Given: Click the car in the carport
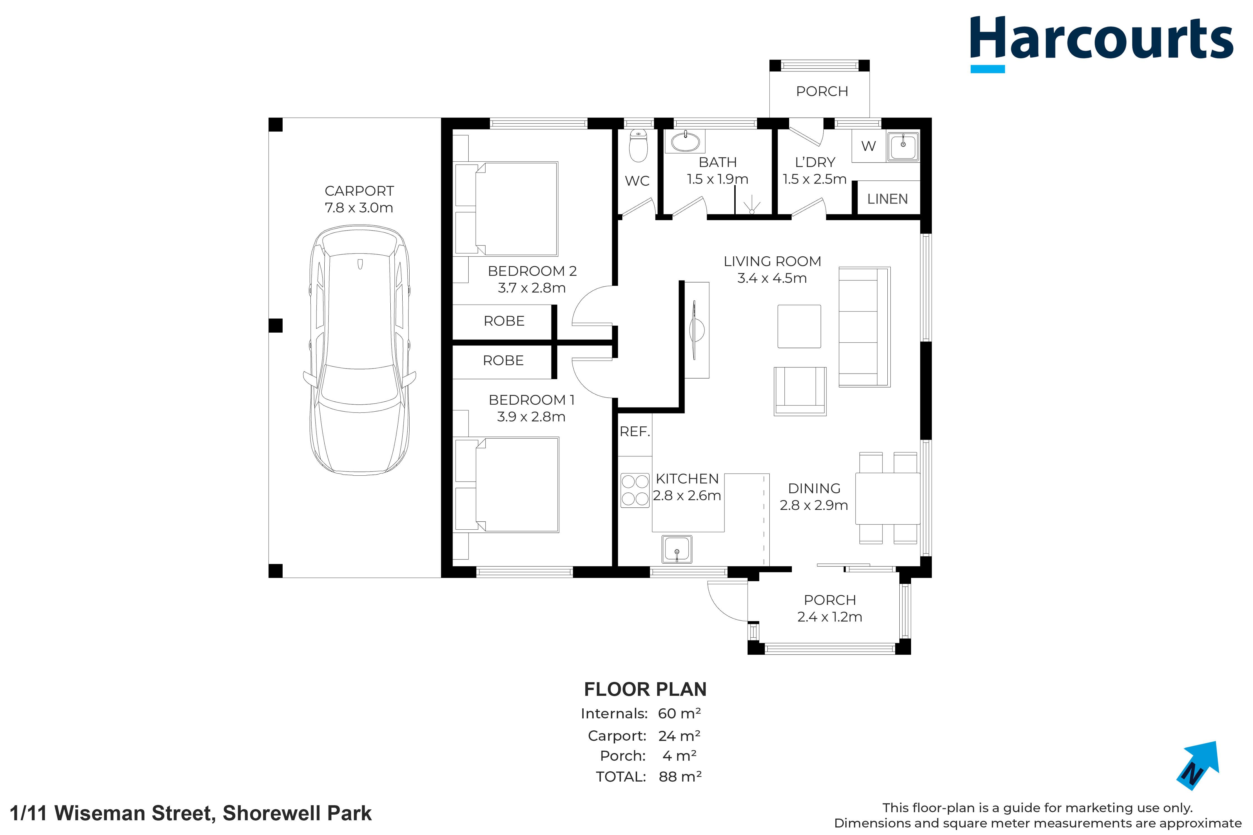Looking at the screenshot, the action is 359,350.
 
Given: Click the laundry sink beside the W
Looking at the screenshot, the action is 902,146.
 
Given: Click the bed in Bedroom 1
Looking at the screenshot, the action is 506,485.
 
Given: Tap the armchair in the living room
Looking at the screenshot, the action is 800,391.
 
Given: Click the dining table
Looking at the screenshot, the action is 888,498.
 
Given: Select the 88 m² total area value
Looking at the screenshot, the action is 680,777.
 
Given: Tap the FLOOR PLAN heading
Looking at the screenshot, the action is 645,690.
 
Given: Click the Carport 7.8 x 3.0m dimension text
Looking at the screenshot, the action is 359,208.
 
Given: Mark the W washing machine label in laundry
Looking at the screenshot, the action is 868,146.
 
